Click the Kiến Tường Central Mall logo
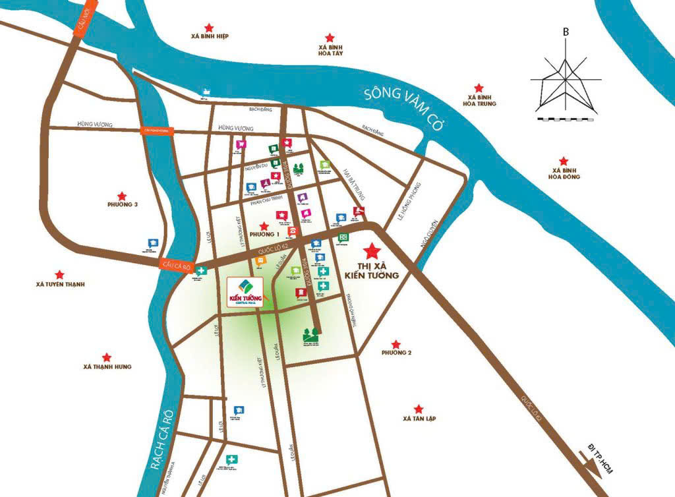click(x=245, y=293)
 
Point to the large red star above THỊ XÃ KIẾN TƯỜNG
click(x=372, y=250)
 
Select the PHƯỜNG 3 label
click(x=122, y=205)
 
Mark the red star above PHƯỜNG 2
click(x=396, y=343)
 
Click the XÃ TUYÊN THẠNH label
click(x=61, y=285)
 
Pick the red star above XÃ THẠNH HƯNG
click(x=107, y=357)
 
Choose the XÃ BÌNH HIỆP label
click(x=208, y=37)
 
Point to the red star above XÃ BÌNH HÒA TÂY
click(x=330, y=38)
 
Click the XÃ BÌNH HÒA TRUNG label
click(x=479, y=100)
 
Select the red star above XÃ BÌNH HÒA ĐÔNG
click(x=563, y=160)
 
